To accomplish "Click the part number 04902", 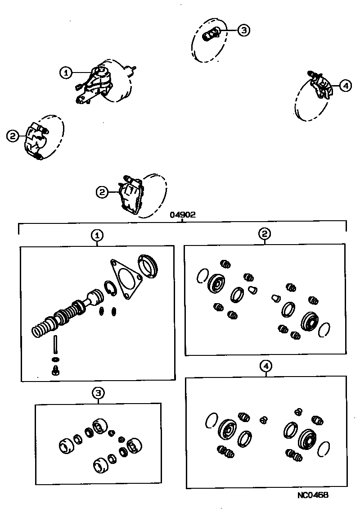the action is pos(182,215).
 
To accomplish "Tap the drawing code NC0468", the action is pos(313,495).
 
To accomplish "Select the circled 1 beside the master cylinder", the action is pos(66,72).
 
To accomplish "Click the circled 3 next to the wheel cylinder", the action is pos(243,30).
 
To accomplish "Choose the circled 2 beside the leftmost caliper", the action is pos(13,135).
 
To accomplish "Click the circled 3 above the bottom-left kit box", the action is pos(98,393).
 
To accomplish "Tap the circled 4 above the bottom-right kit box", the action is pos(266,366).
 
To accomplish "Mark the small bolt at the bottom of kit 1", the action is pos(56,371).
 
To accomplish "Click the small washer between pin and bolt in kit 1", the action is pos(55,359).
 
